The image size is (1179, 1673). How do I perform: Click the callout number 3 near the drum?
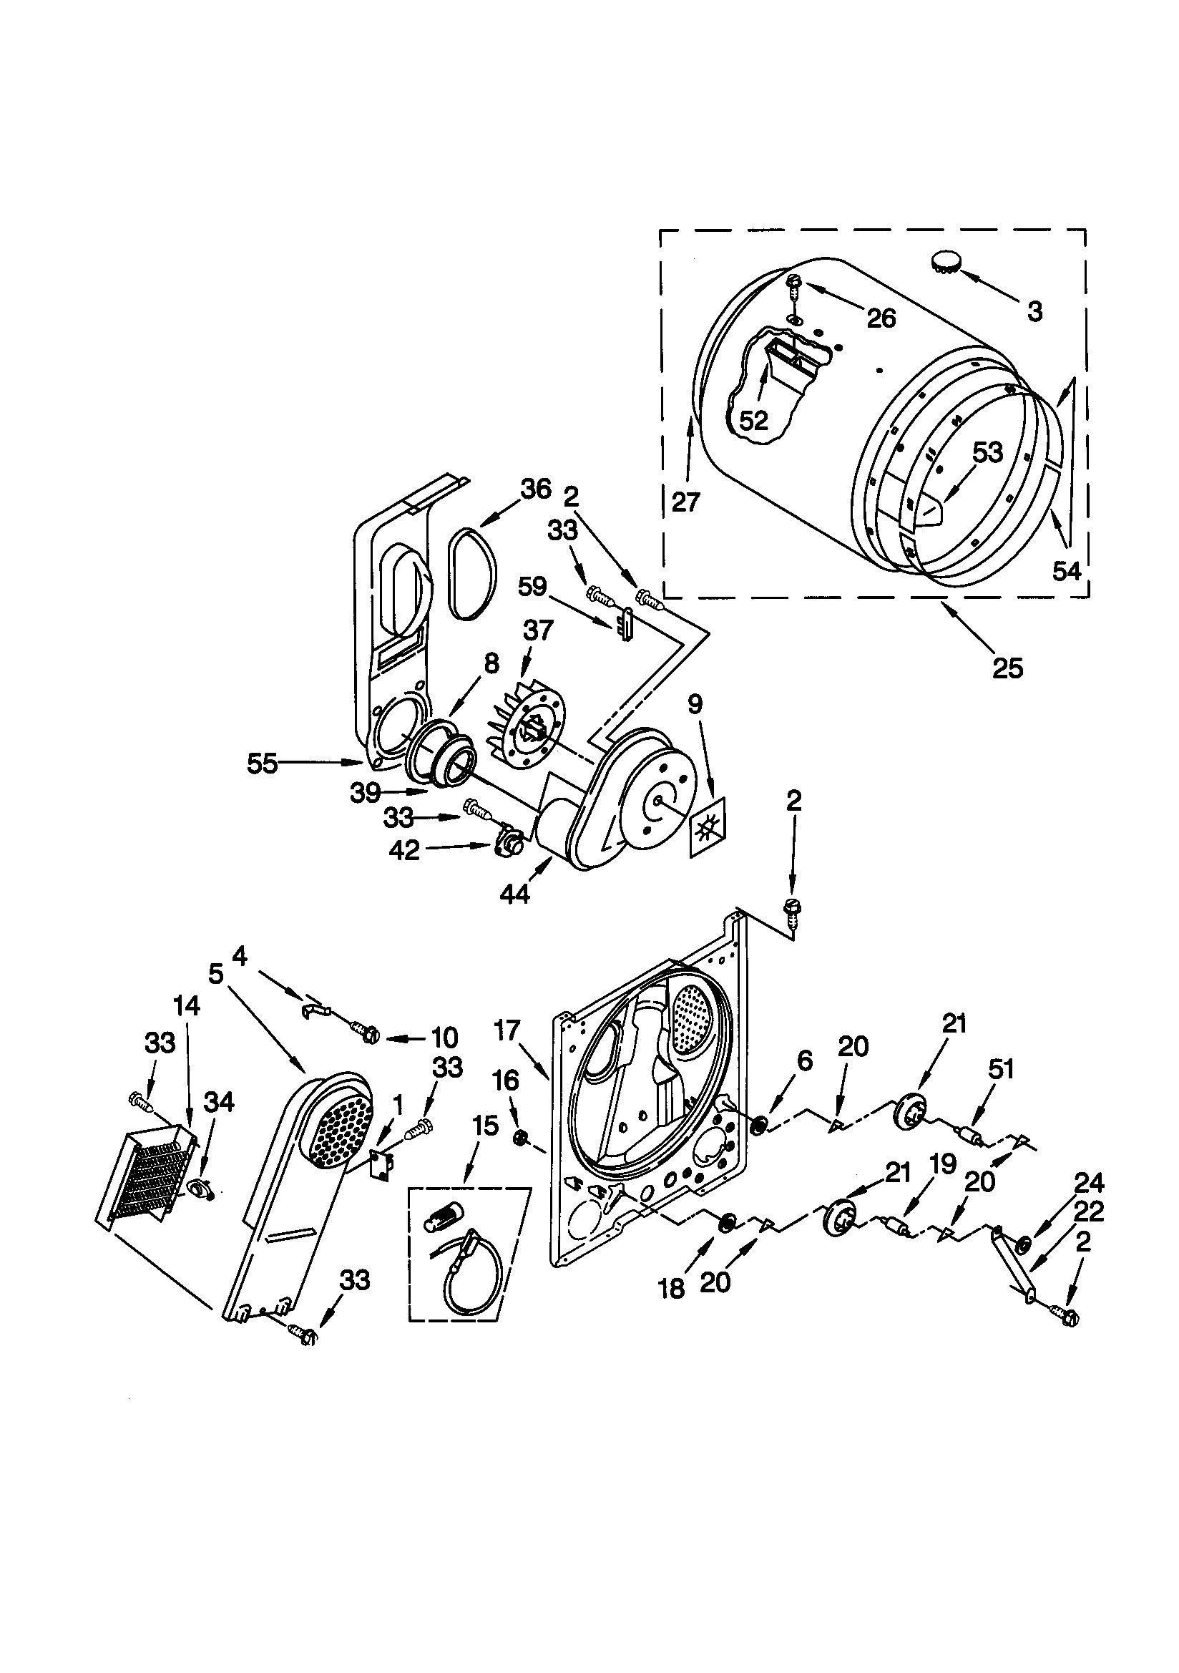click(x=1034, y=311)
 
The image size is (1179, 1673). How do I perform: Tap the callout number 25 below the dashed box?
click(x=1008, y=668)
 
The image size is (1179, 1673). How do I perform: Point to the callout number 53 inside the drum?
click(x=987, y=452)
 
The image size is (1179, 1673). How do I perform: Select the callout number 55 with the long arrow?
click(x=263, y=764)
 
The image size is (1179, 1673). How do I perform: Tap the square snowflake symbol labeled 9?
click(x=708, y=828)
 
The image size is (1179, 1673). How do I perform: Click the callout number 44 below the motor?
click(x=515, y=894)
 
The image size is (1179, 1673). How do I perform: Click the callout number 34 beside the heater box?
click(x=219, y=1103)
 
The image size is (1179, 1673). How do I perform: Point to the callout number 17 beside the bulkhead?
click(x=507, y=1030)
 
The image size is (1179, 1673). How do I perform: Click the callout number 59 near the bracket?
click(x=533, y=587)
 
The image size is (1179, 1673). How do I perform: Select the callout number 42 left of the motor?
click(x=404, y=849)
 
